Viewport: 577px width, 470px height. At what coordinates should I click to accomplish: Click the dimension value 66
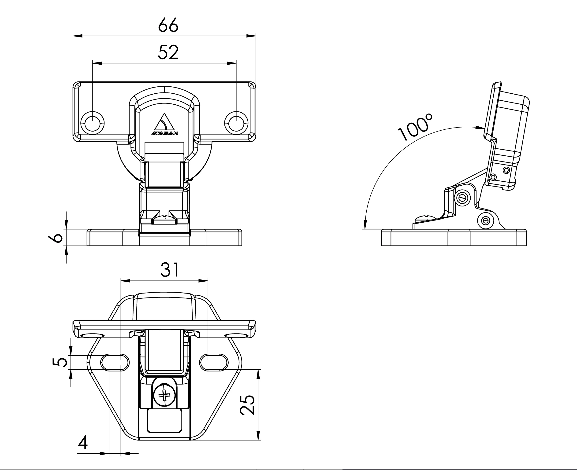(x=168, y=25)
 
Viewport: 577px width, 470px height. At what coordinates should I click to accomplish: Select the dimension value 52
(x=168, y=52)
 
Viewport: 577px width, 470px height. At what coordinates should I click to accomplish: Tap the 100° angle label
(x=415, y=127)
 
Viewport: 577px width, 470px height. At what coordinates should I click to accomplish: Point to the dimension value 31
(x=170, y=270)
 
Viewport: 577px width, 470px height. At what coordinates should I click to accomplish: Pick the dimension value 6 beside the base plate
(x=56, y=238)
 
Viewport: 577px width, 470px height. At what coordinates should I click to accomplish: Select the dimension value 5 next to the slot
(x=60, y=362)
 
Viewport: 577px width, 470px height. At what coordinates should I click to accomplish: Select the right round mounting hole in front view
(x=236, y=123)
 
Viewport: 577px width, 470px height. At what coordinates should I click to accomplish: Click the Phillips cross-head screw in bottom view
(x=164, y=396)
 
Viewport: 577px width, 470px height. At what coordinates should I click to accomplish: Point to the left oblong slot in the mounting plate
(x=115, y=362)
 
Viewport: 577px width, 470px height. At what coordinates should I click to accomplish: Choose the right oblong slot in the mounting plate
(x=214, y=362)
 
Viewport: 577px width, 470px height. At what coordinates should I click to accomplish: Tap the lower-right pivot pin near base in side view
(x=486, y=221)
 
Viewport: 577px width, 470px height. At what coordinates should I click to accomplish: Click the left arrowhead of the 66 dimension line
(x=78, y=36)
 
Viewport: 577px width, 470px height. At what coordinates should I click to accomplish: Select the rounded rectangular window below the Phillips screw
(x=164, y=420)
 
